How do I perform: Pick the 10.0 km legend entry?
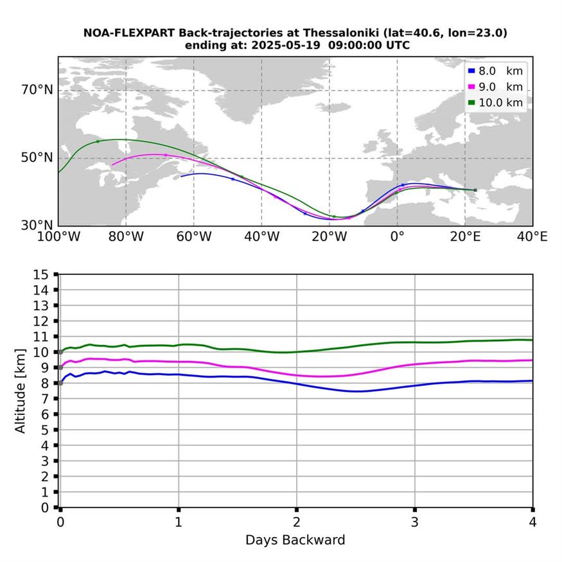pyautogui.click(x=495, y=102)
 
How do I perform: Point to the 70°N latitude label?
pyautogui.click(x=37, y=90)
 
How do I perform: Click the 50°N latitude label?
pyautogui.click(x=37, y=158)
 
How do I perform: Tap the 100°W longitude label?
pyautogui.click(x=58, y=237)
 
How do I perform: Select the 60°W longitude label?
pyautogui.click(x=194, y=237)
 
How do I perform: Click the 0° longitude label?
pyautogui.click(x=397, y=237)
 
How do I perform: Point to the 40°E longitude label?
pyautogui.click(x=532, y=237)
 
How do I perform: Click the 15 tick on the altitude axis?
pyautogui.click(x=42, y=274)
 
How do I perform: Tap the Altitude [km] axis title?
pyautogui.click(x=21, y=391)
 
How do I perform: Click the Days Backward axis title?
pyautogui.click(x=295, y=540)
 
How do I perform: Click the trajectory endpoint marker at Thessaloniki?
pyautogui.click(x=475, y=190)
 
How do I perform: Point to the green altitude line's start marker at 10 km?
pyautogui.click(x=60, y=352)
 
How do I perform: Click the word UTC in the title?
pyautogui.click(x=397, y=45)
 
